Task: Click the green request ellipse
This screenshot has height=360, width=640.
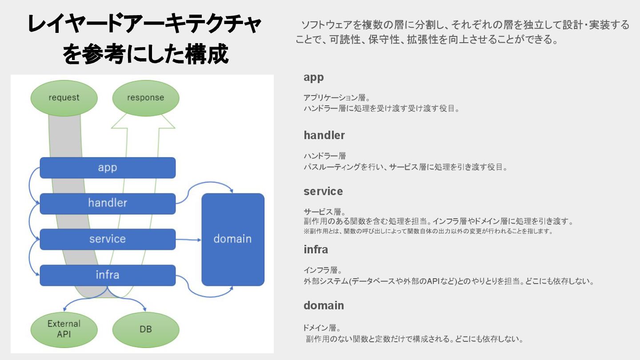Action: pyautogui.click(x=64, y=98)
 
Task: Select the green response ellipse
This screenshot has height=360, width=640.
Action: pyautogui.click(x=146, y=98)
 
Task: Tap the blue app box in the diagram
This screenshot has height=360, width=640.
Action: pyautogui.click(x=108, y=168)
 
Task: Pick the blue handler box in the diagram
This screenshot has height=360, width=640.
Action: pyautogui.click(x=108, y=203)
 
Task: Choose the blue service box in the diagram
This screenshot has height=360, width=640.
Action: pyautogui.click(x=108, y=239)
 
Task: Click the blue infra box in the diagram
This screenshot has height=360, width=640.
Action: pyautogui.click(x=108, y=275)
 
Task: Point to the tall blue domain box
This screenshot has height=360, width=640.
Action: pyautogui.click(x=233, y=239)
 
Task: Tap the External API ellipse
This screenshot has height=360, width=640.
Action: pyautogui.click(x=64, y=329)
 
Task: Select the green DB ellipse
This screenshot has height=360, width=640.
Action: pyautogui.click(x=146, y=329)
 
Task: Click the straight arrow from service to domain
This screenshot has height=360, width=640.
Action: pyautogui.click(x=188, y=240)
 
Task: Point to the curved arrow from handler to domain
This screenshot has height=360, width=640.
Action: pyautogui.click(x=204, y=184)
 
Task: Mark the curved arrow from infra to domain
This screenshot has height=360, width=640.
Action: pyautogui.click(x=204, y=294)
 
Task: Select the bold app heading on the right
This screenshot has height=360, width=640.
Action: pyautogui.click(x=314, y=77)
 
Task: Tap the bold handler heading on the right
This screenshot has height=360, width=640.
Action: pyautogui.click(x=324, y=135)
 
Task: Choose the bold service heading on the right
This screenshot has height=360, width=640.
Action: pyautogui.click(x=323, y=192)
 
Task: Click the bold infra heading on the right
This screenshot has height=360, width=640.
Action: pyautogui.click(x=316, y=250)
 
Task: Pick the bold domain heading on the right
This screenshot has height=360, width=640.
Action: pyautogui.click(x=324, y=306)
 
